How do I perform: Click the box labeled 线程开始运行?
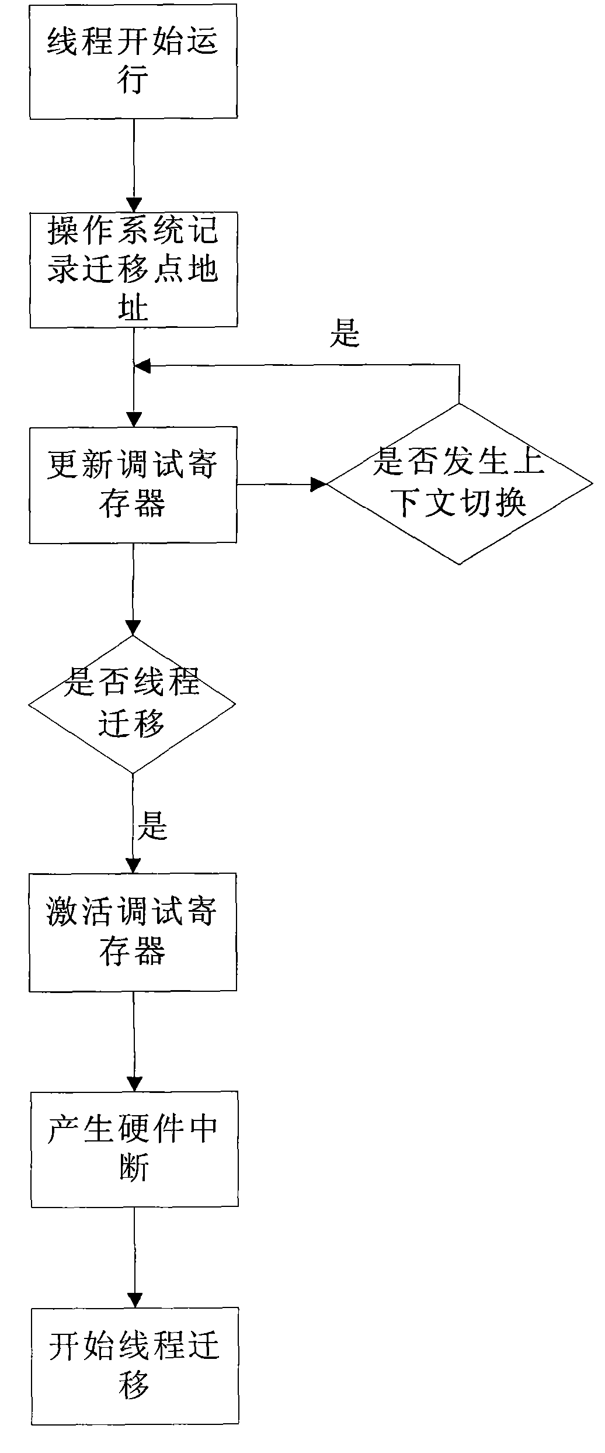pyautogui.click(x=133, y=61)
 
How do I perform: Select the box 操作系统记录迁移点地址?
pyautogui.click(x=133, y=269)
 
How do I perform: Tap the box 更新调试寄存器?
pyautogui.click(x=133, y=485)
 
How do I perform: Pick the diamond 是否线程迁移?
pyautogui.click(x=133, y=704)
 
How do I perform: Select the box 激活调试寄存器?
pyautogui.click(x=133, y=932)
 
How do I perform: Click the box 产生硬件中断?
pyautogui.click(x=134, y=1148)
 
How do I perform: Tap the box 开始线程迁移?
pyautogui.click(x=135, y=1365)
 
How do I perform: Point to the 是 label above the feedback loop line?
pyautogui.click(x=345, y=334)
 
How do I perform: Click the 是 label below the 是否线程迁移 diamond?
pyautogui.click(x=152, y=826)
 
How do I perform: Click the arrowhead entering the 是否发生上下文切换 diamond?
pyautogui.click(x=319, y=484)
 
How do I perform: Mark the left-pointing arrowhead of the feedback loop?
pyautogui.click(x=142, y=366)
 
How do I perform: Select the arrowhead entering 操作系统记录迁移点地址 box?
pyautogui.click(x=134, y=205)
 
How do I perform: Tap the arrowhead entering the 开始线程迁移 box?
pyautogui.click(x=135, y=1300)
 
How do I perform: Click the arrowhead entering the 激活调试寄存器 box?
pyautogui.click(x=133, y=866)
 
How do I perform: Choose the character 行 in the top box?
pyautogui.click(x=133, y=79)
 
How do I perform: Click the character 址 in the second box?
pyautogui.click(x=133, y=306)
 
